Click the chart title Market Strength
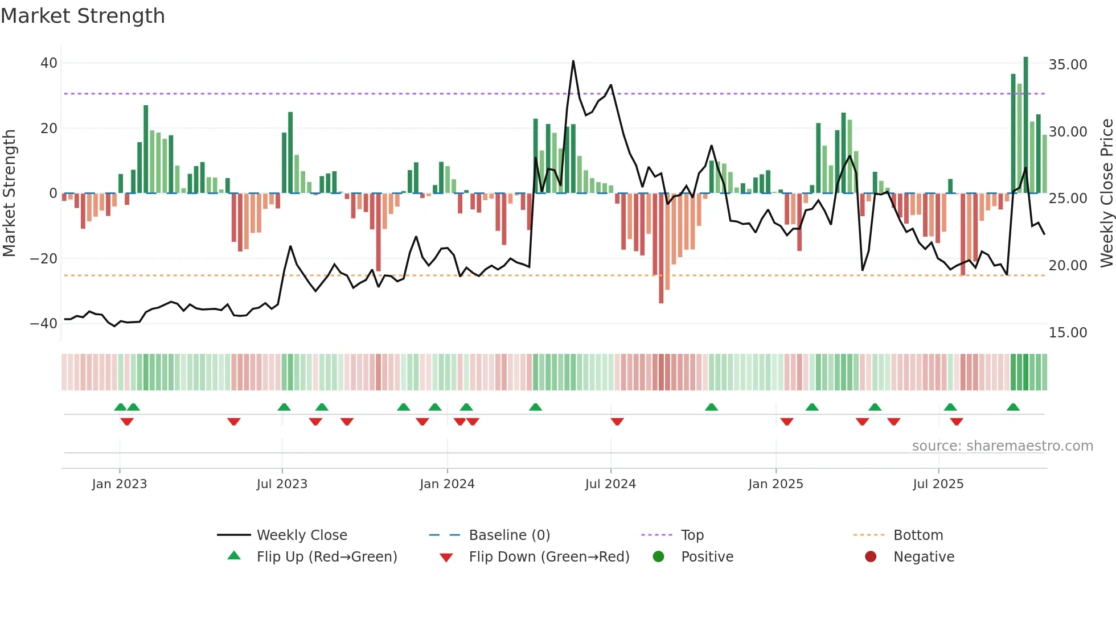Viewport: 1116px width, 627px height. [x=83, y=16]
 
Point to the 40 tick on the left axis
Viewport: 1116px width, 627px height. [x=49, y=63]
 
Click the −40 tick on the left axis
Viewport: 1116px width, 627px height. [x=44, y=324]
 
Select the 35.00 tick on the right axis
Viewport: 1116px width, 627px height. [x=1068, y=65]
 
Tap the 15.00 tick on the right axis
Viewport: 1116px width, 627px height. [x=1068, y=333]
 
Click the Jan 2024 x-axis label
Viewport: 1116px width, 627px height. [x=447, y=484]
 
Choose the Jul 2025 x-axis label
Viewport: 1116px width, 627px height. [x=938, y=484]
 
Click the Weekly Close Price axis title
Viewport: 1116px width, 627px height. [x=1106, y=193]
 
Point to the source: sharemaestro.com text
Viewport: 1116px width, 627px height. [x=1002, y=446]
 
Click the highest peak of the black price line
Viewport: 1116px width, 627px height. [x=573, y=61]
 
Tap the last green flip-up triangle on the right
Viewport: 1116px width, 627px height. [x=1013, y=407]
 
